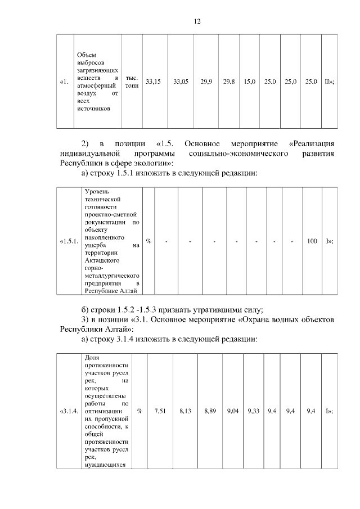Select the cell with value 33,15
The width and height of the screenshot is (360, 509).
point(153,82)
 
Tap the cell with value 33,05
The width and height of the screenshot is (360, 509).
point(181,82)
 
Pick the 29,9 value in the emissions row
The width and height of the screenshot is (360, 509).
point(206,82)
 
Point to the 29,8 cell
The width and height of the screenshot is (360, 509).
point(229,82)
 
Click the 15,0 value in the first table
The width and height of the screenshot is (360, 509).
point(250,82)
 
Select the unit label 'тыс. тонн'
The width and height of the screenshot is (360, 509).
point(132,82)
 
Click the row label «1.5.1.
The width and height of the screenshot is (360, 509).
point(68,241)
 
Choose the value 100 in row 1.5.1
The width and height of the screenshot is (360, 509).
point(312,241)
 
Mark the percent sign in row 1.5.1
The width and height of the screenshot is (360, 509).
point(148,241)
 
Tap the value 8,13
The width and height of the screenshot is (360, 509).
point(186,411)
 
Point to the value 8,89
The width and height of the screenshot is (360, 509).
point(210,411)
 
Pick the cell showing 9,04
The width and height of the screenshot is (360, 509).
point(232,411)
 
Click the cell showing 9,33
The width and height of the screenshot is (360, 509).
point(253,411)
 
